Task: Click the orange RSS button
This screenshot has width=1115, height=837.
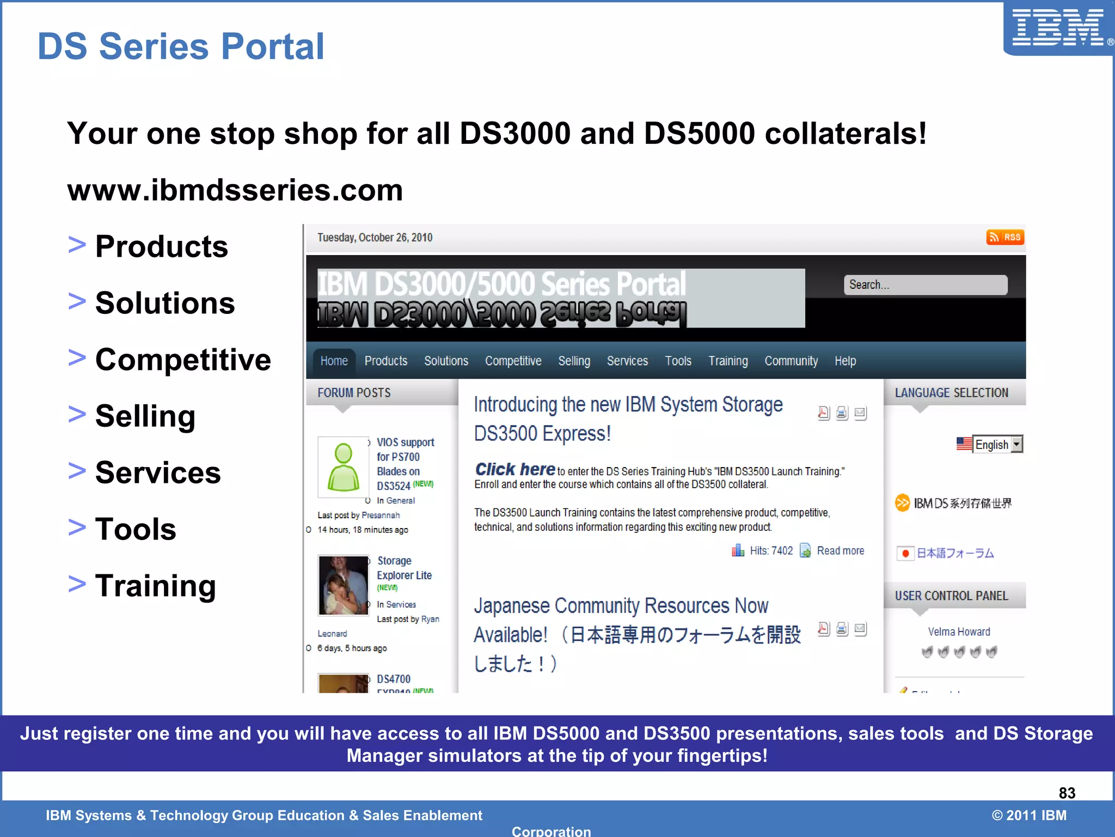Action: [1005, 237]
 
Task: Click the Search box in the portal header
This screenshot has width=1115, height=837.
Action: [925, 284]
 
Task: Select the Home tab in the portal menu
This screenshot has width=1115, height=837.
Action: [334, 361]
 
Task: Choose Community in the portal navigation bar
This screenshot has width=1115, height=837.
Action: [791, 361]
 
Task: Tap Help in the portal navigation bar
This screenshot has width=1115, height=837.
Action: [845, 361]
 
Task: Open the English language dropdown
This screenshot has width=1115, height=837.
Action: [997, 444]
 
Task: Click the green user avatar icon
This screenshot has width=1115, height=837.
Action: [344, 467]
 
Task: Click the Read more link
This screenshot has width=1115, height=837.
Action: [840, 550]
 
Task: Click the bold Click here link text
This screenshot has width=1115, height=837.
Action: [515, 469]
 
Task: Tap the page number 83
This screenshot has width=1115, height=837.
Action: [1067, 793]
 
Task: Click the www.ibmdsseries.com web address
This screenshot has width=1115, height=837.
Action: [235, 190]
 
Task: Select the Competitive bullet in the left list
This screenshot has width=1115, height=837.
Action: [183, 360]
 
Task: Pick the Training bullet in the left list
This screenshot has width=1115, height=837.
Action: [156, 586]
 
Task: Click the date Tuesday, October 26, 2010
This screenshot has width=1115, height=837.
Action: [375, 238]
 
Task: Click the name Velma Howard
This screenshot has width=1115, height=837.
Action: [959, 632]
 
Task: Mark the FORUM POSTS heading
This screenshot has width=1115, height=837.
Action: [354, 393]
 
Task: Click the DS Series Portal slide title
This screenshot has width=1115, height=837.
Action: [181, 46]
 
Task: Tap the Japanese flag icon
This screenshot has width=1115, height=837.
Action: [905, 553]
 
